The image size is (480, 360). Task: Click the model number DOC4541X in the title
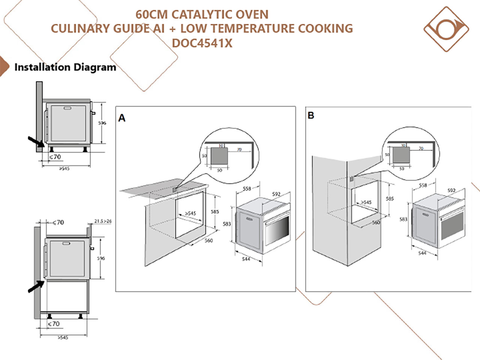tap(202, 43)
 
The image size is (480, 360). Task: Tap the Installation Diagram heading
tap(65, 67)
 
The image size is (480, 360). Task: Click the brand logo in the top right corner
tap(446, 29)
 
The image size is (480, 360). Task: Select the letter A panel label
tap(122, 118)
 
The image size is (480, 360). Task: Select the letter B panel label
tap(311, 115)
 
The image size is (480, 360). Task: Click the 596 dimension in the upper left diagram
tap(102, 123)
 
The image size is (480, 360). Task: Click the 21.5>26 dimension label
tap(102, 221)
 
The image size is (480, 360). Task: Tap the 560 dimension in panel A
tap(208, 240)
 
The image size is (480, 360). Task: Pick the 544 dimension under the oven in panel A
tap(246, 259)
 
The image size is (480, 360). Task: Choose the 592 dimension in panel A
tap(276, 194)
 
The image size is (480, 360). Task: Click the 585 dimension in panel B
tap(390, 199)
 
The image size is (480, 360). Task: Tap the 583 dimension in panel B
tap(403, 219)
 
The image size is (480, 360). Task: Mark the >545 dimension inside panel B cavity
tap(366, 202)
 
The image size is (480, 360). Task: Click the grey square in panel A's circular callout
tap(219, 156)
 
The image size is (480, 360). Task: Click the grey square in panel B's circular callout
tap(401, 154)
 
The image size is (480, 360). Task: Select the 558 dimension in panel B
tap(423, 185)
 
